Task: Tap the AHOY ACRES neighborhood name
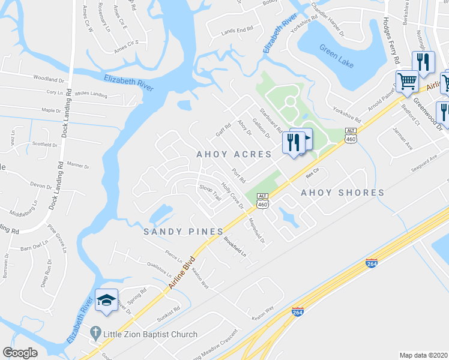(234, 154)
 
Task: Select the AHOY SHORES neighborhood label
(342, 193)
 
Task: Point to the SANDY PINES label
(183, 231)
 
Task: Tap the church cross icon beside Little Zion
(94, 332)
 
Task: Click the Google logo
(20, 353)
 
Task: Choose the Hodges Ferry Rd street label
(391, 41)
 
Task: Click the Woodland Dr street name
(49, 79)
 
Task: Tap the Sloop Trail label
(210, 193)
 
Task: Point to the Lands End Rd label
(237, 30)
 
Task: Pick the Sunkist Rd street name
(169, 314)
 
